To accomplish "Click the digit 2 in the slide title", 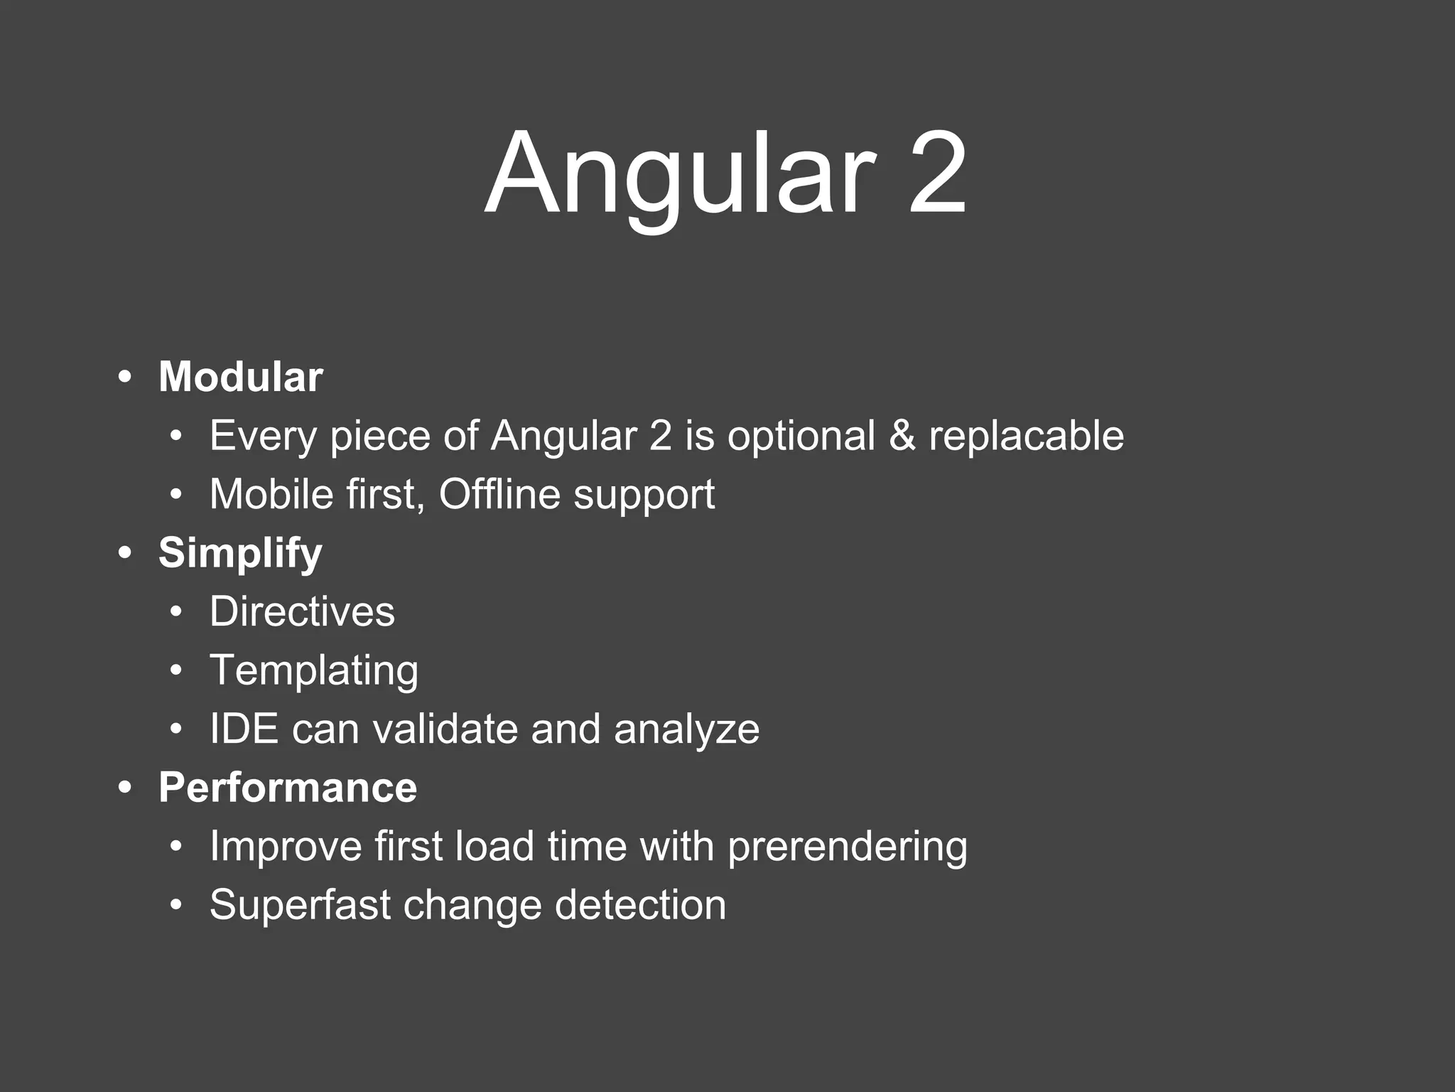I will click(x=936, y=174).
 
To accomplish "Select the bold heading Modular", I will click(x=241, y=377).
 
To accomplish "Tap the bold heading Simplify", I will click(x=240, y=553).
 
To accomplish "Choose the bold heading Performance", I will click(x=288, y=788).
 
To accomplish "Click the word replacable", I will click(x=1026, y=435).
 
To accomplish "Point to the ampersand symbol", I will click(x=902, y=435).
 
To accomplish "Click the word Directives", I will click(x=302, y=611).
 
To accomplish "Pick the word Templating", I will click(x=314, y=671).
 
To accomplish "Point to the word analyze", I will click(x=686, y=730).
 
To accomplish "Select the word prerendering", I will click(x=847, y=847).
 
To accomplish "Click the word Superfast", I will click(x=300, y=905).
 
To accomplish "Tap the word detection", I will click(x=640, y=905).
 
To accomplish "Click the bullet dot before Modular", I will click(x=126, y=378).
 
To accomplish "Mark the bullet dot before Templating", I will click(x=176, y=670).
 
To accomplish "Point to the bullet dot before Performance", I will click(x=126, y=788).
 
